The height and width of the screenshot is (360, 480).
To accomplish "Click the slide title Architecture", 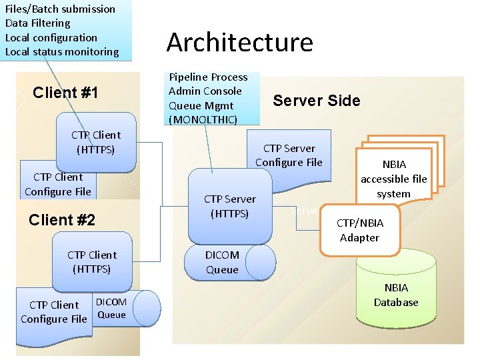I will [x=239, y=42].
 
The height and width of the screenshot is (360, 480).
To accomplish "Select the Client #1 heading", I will [x=65, y=93].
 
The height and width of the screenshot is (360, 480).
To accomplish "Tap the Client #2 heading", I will [x=62, y=220].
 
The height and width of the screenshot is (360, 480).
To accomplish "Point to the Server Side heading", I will [x=316, y=101].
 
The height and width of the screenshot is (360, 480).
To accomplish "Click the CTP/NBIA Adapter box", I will [x=359, y=231].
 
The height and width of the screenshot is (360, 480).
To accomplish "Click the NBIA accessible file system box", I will [x=393, y=178].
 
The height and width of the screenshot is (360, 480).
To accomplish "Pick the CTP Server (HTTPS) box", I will [x=229, y=207].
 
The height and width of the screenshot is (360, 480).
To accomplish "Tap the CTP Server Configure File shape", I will [x=289, y=155].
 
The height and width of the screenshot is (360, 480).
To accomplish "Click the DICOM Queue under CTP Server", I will [x=230, y=262].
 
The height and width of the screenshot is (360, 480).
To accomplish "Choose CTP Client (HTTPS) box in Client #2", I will [x=92, y=262].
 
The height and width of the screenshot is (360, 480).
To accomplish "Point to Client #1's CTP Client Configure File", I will [x=58, y=185].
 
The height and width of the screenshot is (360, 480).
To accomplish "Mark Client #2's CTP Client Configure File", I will [x=54, y=312].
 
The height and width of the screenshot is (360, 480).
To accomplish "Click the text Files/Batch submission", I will [x=60, y=9].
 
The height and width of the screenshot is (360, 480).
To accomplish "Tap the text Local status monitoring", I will [x=62, y=51].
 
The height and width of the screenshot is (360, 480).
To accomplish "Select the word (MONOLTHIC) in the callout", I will [x=203, y=119].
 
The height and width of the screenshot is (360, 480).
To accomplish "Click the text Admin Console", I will [x=205, y=91].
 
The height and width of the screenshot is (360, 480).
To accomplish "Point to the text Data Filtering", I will [x=38, y=23].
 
